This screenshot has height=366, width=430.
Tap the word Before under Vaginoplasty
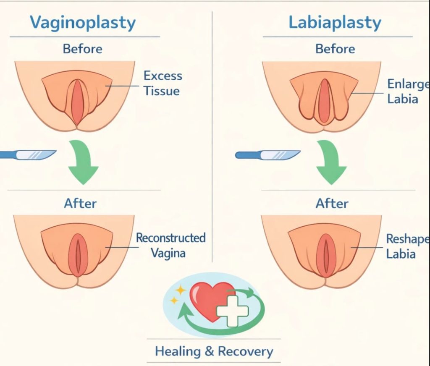click(x=82, y=49)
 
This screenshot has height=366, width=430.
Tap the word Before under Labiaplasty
click(x=335, y=49)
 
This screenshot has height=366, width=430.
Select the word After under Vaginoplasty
click(x=80, y=204)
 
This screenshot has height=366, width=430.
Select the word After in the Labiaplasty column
click(x=332, y=204)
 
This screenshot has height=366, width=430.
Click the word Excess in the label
click(x=163, y=76)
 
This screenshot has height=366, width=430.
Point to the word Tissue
click(x=162, y=91)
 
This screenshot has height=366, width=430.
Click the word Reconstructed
click(x=170, y=238)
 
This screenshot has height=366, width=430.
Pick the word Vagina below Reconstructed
click(x=168, y=253)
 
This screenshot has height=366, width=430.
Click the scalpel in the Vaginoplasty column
click(x=29, y=154)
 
